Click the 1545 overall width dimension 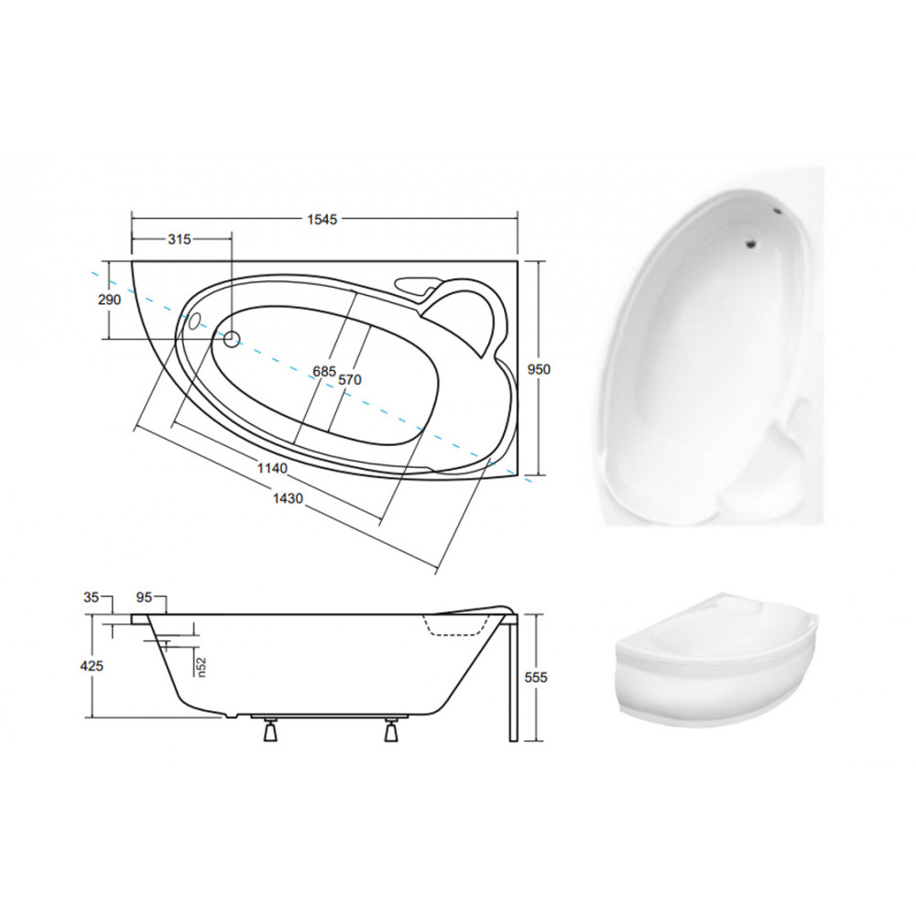[322, 219]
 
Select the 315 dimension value [180, 239]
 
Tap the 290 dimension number [109, 300]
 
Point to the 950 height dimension [540, 369]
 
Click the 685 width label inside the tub [324, 372]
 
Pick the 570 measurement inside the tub [350, 380]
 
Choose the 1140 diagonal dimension [272, 468]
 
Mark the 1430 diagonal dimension [288, 497]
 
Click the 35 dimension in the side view [91, 597]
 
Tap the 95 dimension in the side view [144, 597]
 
